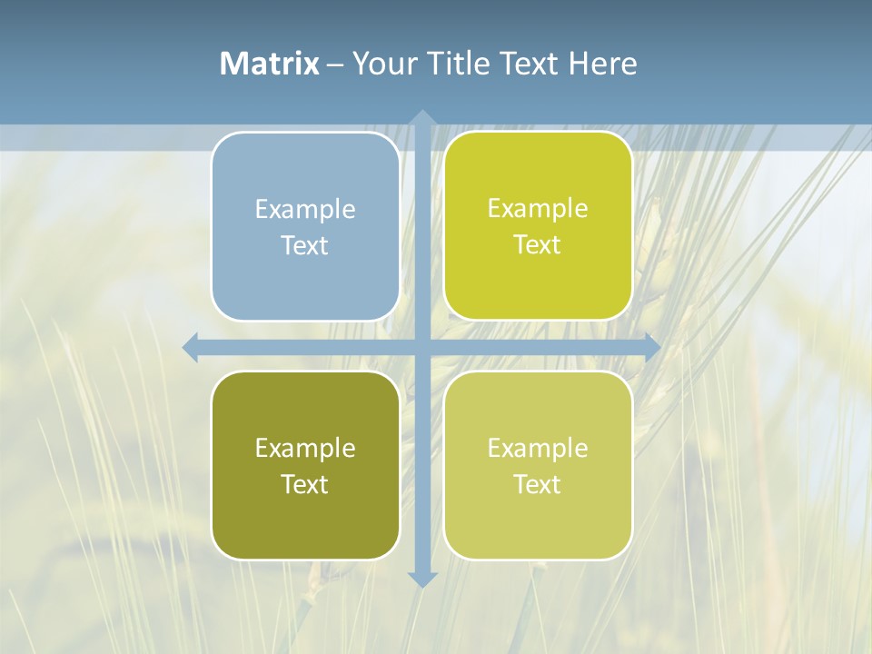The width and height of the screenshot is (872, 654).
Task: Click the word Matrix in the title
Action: [269, 63]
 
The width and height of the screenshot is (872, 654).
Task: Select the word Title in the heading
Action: [459, 63]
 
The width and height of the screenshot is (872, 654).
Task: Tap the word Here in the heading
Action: [602, 63]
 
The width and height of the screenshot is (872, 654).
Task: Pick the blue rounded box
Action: [305, 226]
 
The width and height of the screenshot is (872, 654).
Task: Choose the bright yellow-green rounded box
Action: [538, 226]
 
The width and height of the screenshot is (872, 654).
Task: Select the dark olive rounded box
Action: [305, 465]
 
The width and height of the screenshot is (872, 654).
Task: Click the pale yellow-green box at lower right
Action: [538, 465]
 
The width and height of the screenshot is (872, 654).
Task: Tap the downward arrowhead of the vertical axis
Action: [422, 579]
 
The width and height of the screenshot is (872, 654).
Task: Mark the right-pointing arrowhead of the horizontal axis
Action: [651, 347]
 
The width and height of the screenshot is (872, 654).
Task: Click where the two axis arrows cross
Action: [422, 347]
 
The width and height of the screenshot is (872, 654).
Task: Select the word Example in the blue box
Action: [305, 209]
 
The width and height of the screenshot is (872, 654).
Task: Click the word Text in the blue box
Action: [305, 245]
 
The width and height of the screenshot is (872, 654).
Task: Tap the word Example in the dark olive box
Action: [305, 448]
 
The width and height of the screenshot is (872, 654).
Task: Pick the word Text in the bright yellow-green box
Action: [538, 244]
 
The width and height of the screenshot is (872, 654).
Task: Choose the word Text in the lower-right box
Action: [538, 484]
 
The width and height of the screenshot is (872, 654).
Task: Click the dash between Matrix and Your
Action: [335, 64]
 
